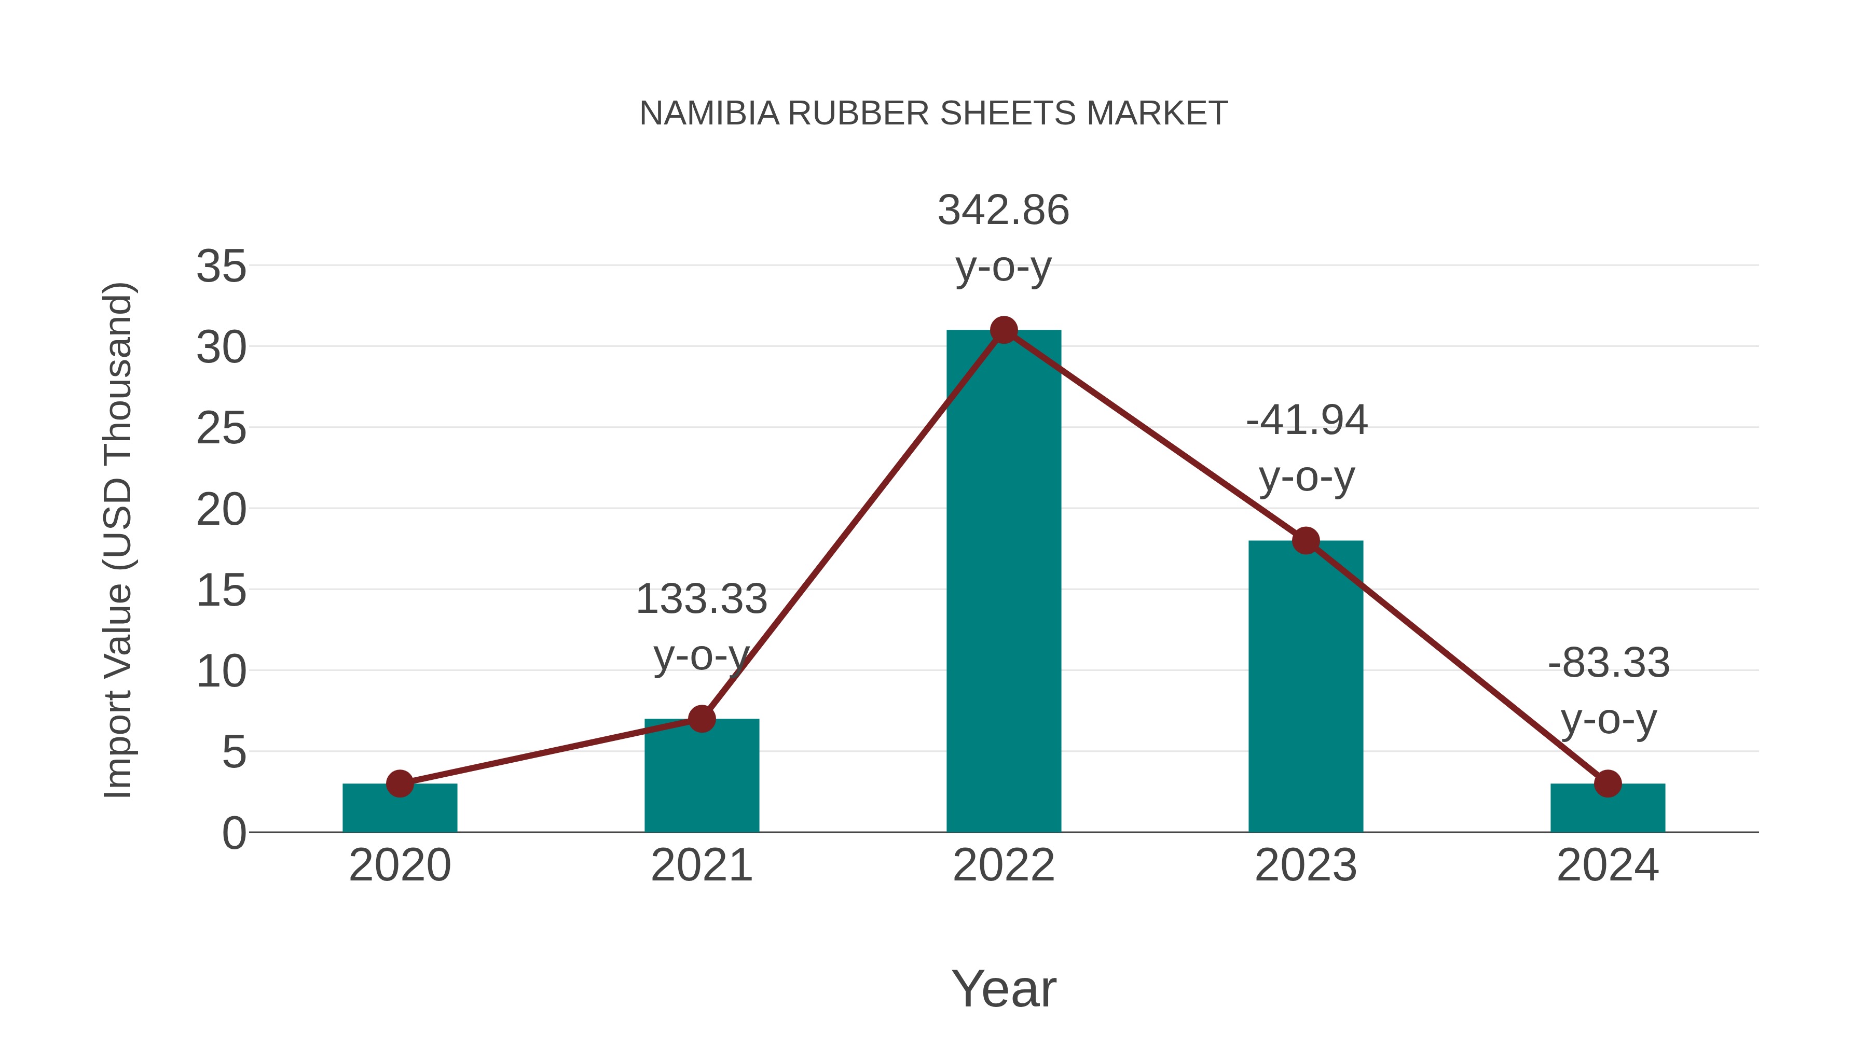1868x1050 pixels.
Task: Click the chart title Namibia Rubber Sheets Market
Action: [x=933, y=114]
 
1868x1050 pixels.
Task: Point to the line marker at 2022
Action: [x=1004, y=330]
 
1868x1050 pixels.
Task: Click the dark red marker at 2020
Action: [x=400, y=783]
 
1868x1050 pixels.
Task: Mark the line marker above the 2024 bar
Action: [x=1608, y=783]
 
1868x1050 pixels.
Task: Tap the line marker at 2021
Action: [x=701, y=719]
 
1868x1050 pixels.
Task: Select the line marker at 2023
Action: [x=1306, y=541]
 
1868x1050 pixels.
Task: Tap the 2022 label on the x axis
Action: [x=1004, y=865]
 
